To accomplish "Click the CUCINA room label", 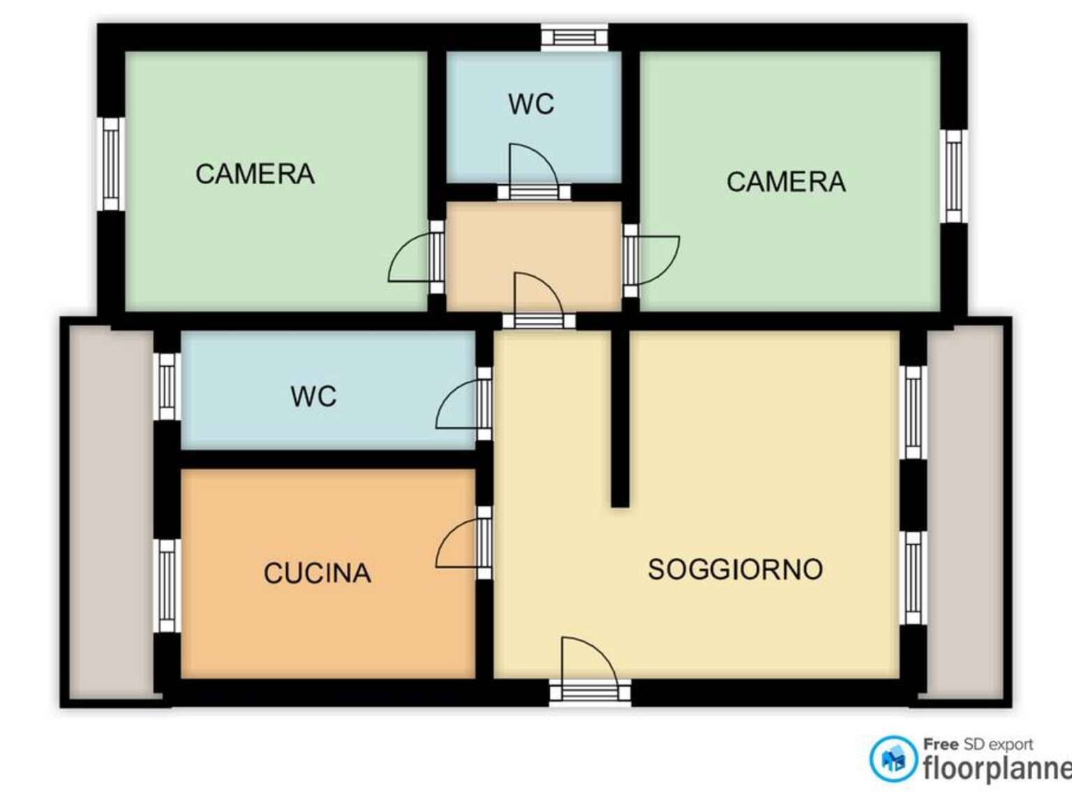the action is pyautogui.click(x=318, y=573).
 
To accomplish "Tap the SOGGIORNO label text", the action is pyautogui.click(x=735, y=569).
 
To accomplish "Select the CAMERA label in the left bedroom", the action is pyautogui.click(x=255, y=174).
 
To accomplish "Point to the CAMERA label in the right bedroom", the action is pyautogui.click(x=786, y=181).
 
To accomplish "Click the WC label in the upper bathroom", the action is pyautogui.click(x=531, y=104).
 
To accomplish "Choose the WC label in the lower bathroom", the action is pyautogui.click(x=313, y=396).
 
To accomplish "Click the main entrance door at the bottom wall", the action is pyautogui.click(x=590, y=671).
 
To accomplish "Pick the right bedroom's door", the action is pyautogui.click(x=651, y=261).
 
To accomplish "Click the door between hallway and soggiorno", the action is pyautogui.click(x=539, y=300).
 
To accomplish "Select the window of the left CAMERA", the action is pyautogui.click(x=111, y=164).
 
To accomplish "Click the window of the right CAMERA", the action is pyautogui.click(x=954, y=176).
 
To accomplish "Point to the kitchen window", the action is pyautogui.click(x=167, y=586).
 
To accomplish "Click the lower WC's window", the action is pyautogui.click(x=167, y=386).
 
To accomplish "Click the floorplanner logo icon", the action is pyautogui.click(x=893, y=759).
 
